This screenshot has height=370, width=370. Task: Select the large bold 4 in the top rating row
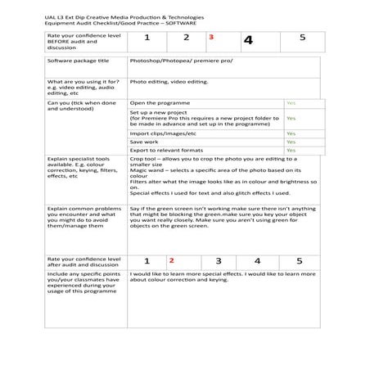248,40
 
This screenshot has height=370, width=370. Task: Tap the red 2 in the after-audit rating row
172,261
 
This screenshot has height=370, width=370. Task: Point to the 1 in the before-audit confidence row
147,38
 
